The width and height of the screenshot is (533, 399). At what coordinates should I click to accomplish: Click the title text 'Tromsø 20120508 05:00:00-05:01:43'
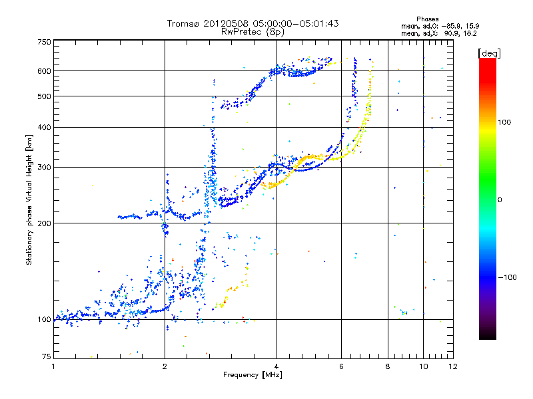(x=253, y=23)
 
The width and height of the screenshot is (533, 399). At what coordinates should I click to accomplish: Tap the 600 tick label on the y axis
(x=44, y=70)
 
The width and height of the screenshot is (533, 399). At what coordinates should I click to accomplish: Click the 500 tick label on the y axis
(x=44, y=96)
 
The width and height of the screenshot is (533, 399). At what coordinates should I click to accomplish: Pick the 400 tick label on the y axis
(x=44, y=127)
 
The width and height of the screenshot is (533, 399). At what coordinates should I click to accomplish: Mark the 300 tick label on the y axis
(x=44, y=167)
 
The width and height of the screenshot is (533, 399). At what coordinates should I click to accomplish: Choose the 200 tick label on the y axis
(x=44, y=223)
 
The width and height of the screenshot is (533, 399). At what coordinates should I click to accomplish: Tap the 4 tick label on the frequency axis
(x=276, y=366)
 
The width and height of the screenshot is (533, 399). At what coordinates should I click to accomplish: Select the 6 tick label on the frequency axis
(x=342, y=366)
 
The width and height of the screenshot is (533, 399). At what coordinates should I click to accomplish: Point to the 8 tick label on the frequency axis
(x=388, y=366)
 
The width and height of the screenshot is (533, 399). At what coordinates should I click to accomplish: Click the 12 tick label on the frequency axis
(x=452, y=366)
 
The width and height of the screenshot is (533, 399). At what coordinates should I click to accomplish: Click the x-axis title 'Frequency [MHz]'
(x=253, y=376)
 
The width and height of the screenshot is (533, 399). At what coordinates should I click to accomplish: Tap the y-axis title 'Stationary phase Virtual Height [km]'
(x=29, y=199)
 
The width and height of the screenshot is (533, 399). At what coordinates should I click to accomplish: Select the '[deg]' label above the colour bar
(x=489, y=53)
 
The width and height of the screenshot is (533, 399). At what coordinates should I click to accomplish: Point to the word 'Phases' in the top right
(x=427, y=19)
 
